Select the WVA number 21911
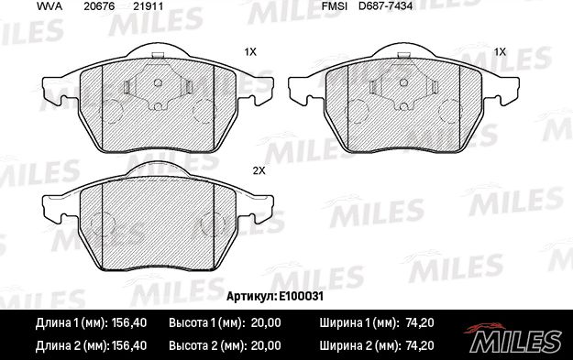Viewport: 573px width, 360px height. click(x=149, y=7)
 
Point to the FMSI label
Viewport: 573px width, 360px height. click(x=333, y=7)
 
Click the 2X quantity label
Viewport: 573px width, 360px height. click(x=258, y=171)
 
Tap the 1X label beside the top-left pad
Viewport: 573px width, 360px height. click(x=249, y=52)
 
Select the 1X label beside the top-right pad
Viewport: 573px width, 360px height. click(x=500, y=52)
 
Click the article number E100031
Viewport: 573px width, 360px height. click(x=303, y=297)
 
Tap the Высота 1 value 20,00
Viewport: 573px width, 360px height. click(x=263, y=322)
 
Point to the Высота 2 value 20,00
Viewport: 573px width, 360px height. click(x=263, y=346)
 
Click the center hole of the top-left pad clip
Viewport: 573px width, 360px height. click(x=157, y=82)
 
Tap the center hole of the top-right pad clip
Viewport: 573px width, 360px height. click(x=406, y=82)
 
